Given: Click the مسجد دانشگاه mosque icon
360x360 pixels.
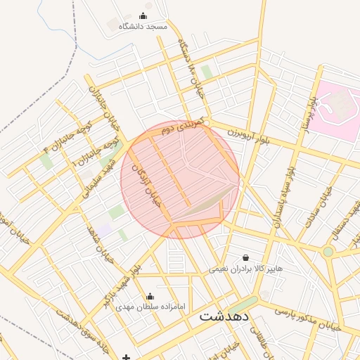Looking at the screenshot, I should pyautogui.click(x=144, y=15).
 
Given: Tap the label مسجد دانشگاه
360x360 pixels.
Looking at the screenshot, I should pyautogui.click(x=143, y=26).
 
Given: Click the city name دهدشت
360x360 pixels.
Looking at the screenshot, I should pyautogui.click(x=224, y=316).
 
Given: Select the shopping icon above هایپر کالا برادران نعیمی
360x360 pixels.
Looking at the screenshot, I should pyautogui.click(x=245, y=258).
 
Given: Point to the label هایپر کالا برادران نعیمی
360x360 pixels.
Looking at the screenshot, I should pyautogui.click(x=245, y=269).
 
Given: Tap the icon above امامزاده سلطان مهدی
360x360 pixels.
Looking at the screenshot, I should pyautogui.click(x=149, y=296).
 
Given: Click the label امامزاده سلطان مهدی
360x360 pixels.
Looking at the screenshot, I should pyautogui.click(x=149, y=307).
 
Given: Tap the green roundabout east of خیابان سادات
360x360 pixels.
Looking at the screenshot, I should pyautogui.click(x=328, y=251).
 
